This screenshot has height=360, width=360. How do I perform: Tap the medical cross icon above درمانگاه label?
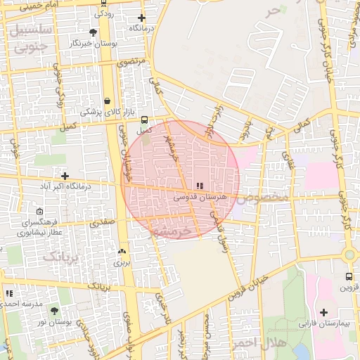click(142, 18)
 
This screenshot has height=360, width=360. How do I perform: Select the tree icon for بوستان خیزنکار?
click(94, 32)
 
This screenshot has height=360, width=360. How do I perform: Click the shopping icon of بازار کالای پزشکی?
click(107, 101)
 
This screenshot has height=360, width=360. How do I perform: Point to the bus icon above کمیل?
click(144, 120)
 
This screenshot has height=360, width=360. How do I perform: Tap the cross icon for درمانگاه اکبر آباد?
click(65, 176)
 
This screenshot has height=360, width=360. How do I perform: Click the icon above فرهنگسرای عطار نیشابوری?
click(39, 212)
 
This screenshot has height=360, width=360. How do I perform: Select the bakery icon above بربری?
click(122, 251)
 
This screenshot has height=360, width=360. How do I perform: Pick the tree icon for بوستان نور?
click(55, 310)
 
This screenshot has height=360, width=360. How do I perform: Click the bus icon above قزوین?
click(349, 277)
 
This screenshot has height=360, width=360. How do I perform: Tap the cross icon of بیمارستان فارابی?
click(323, 312)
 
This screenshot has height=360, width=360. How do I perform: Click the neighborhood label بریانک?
click(58, 256)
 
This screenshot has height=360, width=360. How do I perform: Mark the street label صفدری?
click(100, 221)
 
